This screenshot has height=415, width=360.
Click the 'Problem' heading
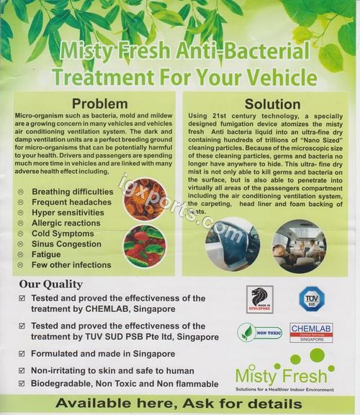[99, 104]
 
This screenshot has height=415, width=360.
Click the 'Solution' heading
[272, 104]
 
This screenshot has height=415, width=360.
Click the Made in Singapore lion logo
[260, 300]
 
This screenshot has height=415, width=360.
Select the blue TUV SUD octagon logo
[312, 298]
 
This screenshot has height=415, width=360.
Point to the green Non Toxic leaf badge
[259, 332]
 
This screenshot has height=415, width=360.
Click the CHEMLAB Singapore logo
[311, 332]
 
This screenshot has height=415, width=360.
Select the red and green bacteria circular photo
[143, 247]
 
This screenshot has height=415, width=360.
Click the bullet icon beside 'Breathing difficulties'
[20, 192]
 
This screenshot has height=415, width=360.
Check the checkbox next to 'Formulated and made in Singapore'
[22, 354]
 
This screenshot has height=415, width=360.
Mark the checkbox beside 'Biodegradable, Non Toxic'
[22, 385]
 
